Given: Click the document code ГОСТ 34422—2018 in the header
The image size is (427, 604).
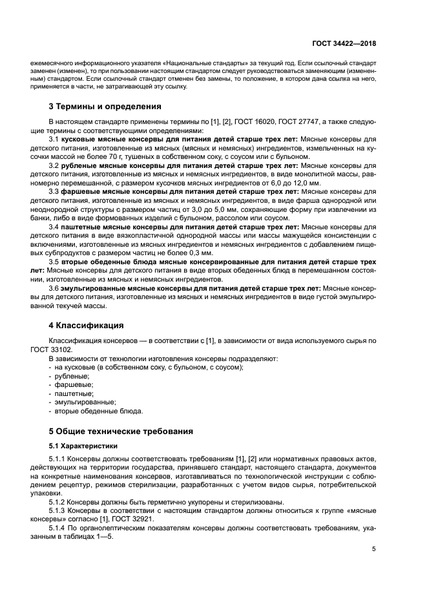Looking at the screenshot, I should pyautogui.click(x=345, y=43).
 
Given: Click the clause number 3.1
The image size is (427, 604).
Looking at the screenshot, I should pyautogui.click(x=54, y=139).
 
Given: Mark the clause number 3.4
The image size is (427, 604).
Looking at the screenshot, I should pyautogui.click(x=54, y=228).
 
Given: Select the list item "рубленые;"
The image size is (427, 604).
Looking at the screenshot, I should pyautogui.click(x=72, y=376).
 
